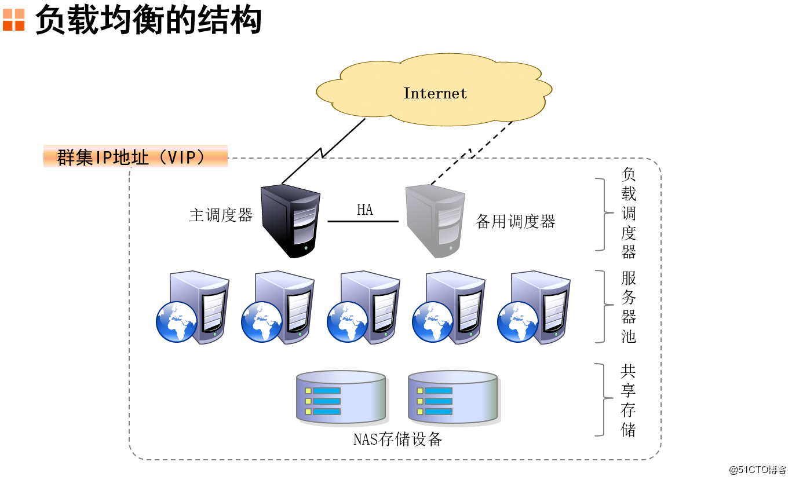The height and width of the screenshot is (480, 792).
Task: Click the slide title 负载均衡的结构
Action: click(x=148, y=20)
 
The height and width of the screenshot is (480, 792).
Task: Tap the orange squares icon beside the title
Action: click(x=13, y=20)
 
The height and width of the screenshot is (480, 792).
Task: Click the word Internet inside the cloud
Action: click(x=435, y=93)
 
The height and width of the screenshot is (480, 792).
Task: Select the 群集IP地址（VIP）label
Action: click(x=135, y=157)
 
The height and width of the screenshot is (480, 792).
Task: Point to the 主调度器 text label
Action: click(x=221, y=215)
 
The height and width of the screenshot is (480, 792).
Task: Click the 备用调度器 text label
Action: click(x=515, y=221)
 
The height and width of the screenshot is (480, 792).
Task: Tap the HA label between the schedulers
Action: click(x=364, y=210)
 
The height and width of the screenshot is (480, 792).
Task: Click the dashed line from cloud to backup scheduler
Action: click(x=470, y=153)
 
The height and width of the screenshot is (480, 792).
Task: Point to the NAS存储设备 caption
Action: click(x=397, y=439)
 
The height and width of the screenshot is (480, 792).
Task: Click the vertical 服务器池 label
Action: click(x=629, y=307)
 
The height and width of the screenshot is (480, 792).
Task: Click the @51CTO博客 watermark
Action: click(x=757, y=469)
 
